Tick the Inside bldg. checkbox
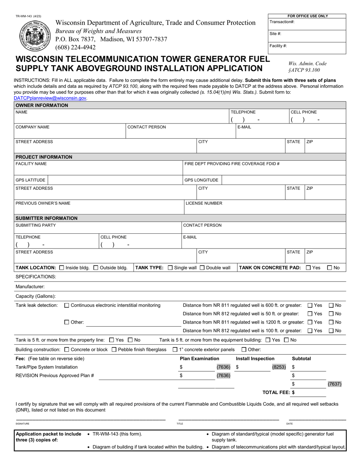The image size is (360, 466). tap(62, 267)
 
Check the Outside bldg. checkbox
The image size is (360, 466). tap(95, 267)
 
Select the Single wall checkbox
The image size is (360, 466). tap(170, 267)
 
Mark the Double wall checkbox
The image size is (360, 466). tap(202, 267)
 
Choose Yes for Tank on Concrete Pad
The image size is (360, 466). tap(308, 267)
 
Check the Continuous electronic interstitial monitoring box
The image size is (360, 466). tap(67, 305)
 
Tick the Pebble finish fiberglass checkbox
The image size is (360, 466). tap(114, 349)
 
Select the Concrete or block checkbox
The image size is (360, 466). tap(67, 349)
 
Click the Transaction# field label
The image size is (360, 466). tap(282, 22)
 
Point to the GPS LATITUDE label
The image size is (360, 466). tap(30, 180)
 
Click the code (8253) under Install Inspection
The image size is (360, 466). tap(279, 367)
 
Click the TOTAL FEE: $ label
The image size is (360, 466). tap(279, 392)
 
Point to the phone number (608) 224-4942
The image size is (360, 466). tap(75, 47)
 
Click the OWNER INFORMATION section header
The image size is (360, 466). tap(42, 105)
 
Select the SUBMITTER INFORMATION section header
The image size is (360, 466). tap(46, 218)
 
